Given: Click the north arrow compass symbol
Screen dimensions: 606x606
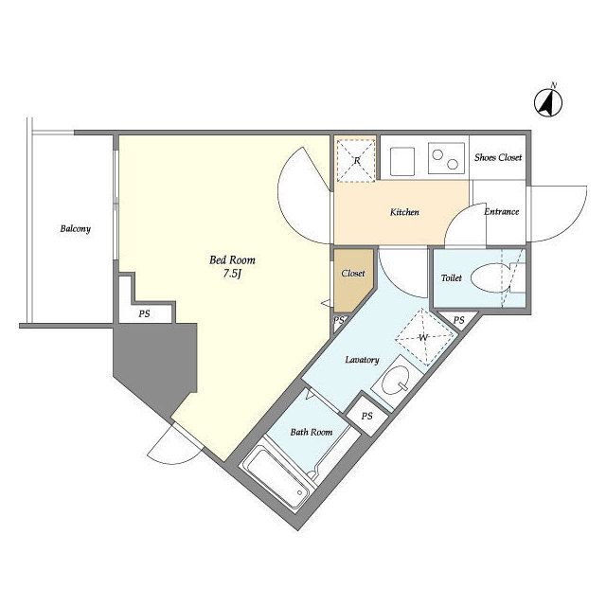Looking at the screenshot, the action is point(548,102).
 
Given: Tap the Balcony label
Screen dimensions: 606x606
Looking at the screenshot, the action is point(76,229).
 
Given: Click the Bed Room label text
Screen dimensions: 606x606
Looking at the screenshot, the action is point(232,260).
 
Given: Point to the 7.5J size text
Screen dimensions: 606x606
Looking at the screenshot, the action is point(232,274).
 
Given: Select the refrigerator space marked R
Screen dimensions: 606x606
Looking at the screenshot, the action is point(356,160).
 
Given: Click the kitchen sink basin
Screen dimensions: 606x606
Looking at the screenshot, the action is point(402,161).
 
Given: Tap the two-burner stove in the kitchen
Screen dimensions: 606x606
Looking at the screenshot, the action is point(446,158).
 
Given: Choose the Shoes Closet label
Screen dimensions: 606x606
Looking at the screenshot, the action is point(498,157).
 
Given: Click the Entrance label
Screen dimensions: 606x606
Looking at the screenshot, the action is point(501,212).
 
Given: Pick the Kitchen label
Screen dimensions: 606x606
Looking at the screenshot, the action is point(404,212).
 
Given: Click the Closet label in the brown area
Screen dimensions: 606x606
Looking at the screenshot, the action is point(353,274).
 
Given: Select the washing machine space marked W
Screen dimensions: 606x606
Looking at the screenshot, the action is point(424,337).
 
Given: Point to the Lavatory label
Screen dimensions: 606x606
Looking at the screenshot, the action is point(362,360).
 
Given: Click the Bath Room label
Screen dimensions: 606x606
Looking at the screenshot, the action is point(312,432).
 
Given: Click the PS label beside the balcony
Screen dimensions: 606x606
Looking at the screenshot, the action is point(144,313).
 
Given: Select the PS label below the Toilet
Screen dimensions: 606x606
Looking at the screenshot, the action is point(458,320).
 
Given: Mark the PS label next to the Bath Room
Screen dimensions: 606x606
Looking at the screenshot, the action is point(367,416).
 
